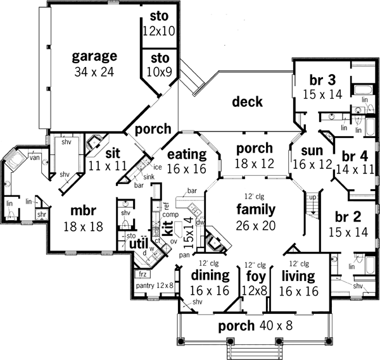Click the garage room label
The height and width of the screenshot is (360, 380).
(x=94, y=55)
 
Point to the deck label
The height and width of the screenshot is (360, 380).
(x=247, y=101)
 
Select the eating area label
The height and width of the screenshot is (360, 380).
(x=187, y=154)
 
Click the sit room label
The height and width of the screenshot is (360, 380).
(x=113, y=152)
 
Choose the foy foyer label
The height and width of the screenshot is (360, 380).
(x=253, y=275)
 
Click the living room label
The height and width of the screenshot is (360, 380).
(x=297, y=275)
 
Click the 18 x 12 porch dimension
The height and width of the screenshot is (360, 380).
(x=254, y=163)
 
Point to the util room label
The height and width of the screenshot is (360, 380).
(x=137, y=242)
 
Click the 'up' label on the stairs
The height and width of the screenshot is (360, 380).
(x=311, y=197)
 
